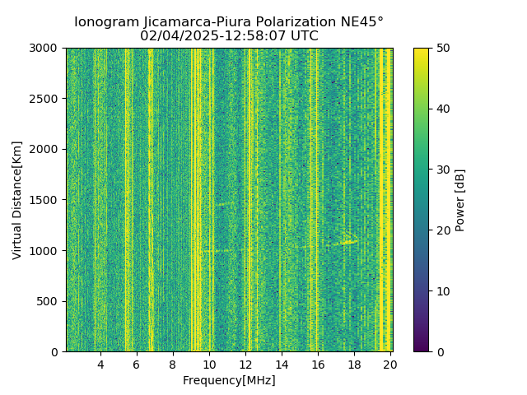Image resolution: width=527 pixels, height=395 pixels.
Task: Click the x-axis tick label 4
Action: point(100,365)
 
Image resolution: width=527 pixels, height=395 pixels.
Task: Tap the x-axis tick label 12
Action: point(245,365)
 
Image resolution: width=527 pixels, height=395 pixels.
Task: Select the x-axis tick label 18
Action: point(354,365)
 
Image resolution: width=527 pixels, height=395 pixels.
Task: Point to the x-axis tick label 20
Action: point(390,365)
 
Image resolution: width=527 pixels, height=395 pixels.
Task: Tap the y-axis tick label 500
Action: point(49,301)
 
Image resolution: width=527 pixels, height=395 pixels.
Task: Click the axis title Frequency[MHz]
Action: point(229,380)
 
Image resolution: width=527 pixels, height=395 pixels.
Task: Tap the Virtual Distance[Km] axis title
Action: point(17,200)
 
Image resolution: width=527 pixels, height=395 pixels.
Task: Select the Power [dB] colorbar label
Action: point(460,200)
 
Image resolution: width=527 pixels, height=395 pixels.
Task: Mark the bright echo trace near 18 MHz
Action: point(346,242)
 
